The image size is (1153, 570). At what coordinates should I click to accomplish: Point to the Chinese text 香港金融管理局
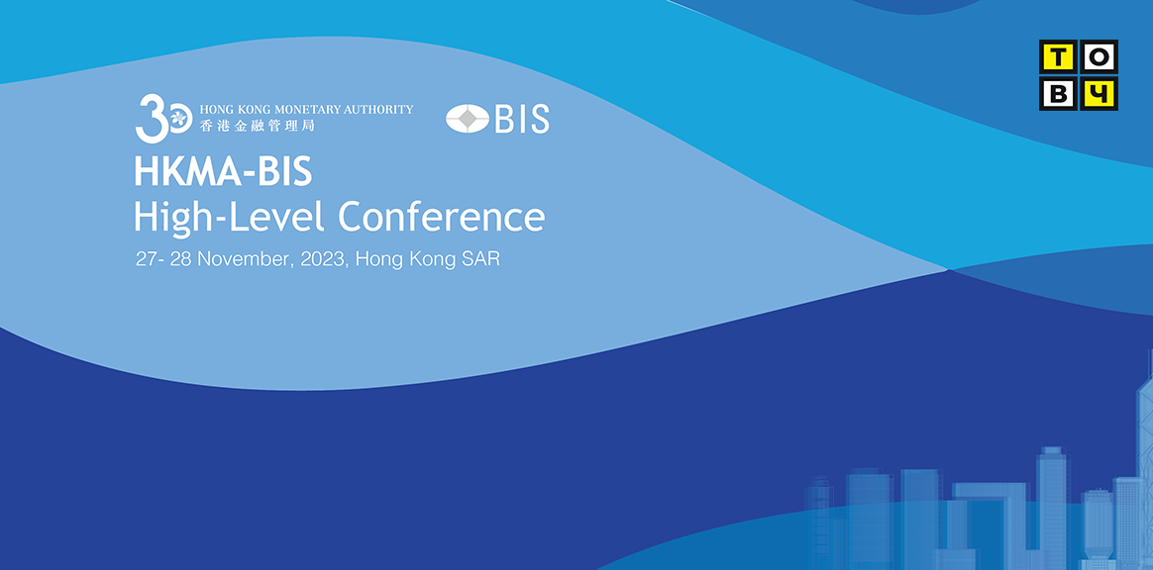tap(257, 126)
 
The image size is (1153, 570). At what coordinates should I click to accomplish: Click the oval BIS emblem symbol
tap(468, 119)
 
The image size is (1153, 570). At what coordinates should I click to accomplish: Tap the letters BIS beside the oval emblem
tap(522, 119)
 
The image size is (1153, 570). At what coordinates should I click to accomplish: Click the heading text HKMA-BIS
tap(223, 172)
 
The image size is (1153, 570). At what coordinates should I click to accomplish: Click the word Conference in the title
tap(441, 217)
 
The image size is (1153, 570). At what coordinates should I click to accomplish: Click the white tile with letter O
tap(1099, 56)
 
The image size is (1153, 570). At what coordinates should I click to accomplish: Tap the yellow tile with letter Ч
tap(1099, 93)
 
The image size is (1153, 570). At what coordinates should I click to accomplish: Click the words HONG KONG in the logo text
tap(233, 110)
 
